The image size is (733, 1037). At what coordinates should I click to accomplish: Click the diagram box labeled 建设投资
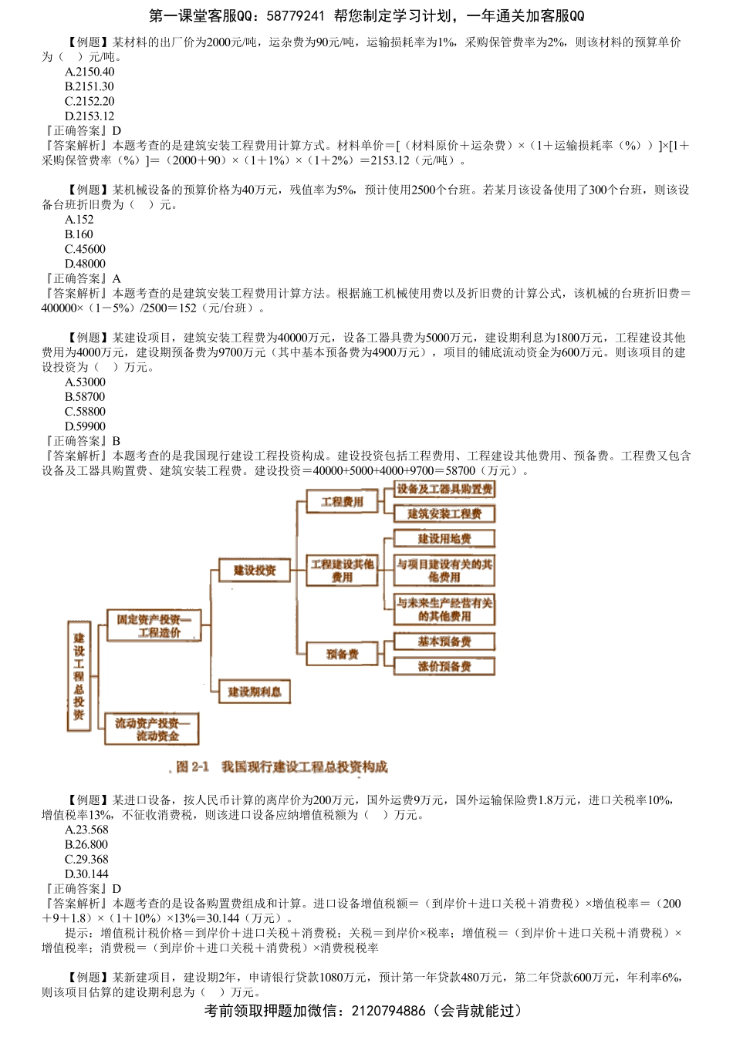click(255, 571)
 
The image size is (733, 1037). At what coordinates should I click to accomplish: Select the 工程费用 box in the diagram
click(342, 502)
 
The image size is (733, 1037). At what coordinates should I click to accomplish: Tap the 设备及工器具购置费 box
click(444, 489)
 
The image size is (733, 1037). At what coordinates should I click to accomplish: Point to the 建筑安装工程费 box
click(444, 513)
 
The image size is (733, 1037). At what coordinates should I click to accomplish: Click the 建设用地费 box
click(444, 538)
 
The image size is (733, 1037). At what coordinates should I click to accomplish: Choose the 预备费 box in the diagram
click(342, 655)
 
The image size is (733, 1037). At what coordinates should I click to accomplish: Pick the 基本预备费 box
click(444, 641)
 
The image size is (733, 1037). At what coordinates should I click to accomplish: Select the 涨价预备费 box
click(444, 666)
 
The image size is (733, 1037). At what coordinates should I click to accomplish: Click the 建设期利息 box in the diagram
click(255, 692)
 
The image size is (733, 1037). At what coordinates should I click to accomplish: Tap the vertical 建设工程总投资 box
click(79, 676)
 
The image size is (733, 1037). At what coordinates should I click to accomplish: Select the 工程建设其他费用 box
click(342, 571)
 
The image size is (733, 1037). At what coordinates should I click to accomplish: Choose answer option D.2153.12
click(90, 116)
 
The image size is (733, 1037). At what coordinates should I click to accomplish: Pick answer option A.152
click(79, 219)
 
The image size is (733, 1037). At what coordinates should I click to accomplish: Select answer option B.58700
click(85, 396)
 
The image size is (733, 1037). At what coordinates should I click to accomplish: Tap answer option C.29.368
click(87, 859)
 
